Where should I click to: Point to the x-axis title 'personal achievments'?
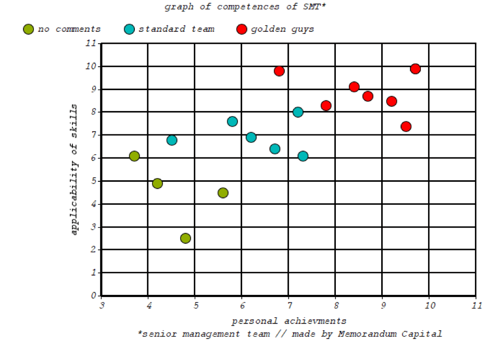289,321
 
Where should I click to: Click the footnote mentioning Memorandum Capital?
290,334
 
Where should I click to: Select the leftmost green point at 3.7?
134,156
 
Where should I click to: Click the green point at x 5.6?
223,193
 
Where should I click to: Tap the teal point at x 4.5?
172,140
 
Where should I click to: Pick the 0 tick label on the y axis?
93,295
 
